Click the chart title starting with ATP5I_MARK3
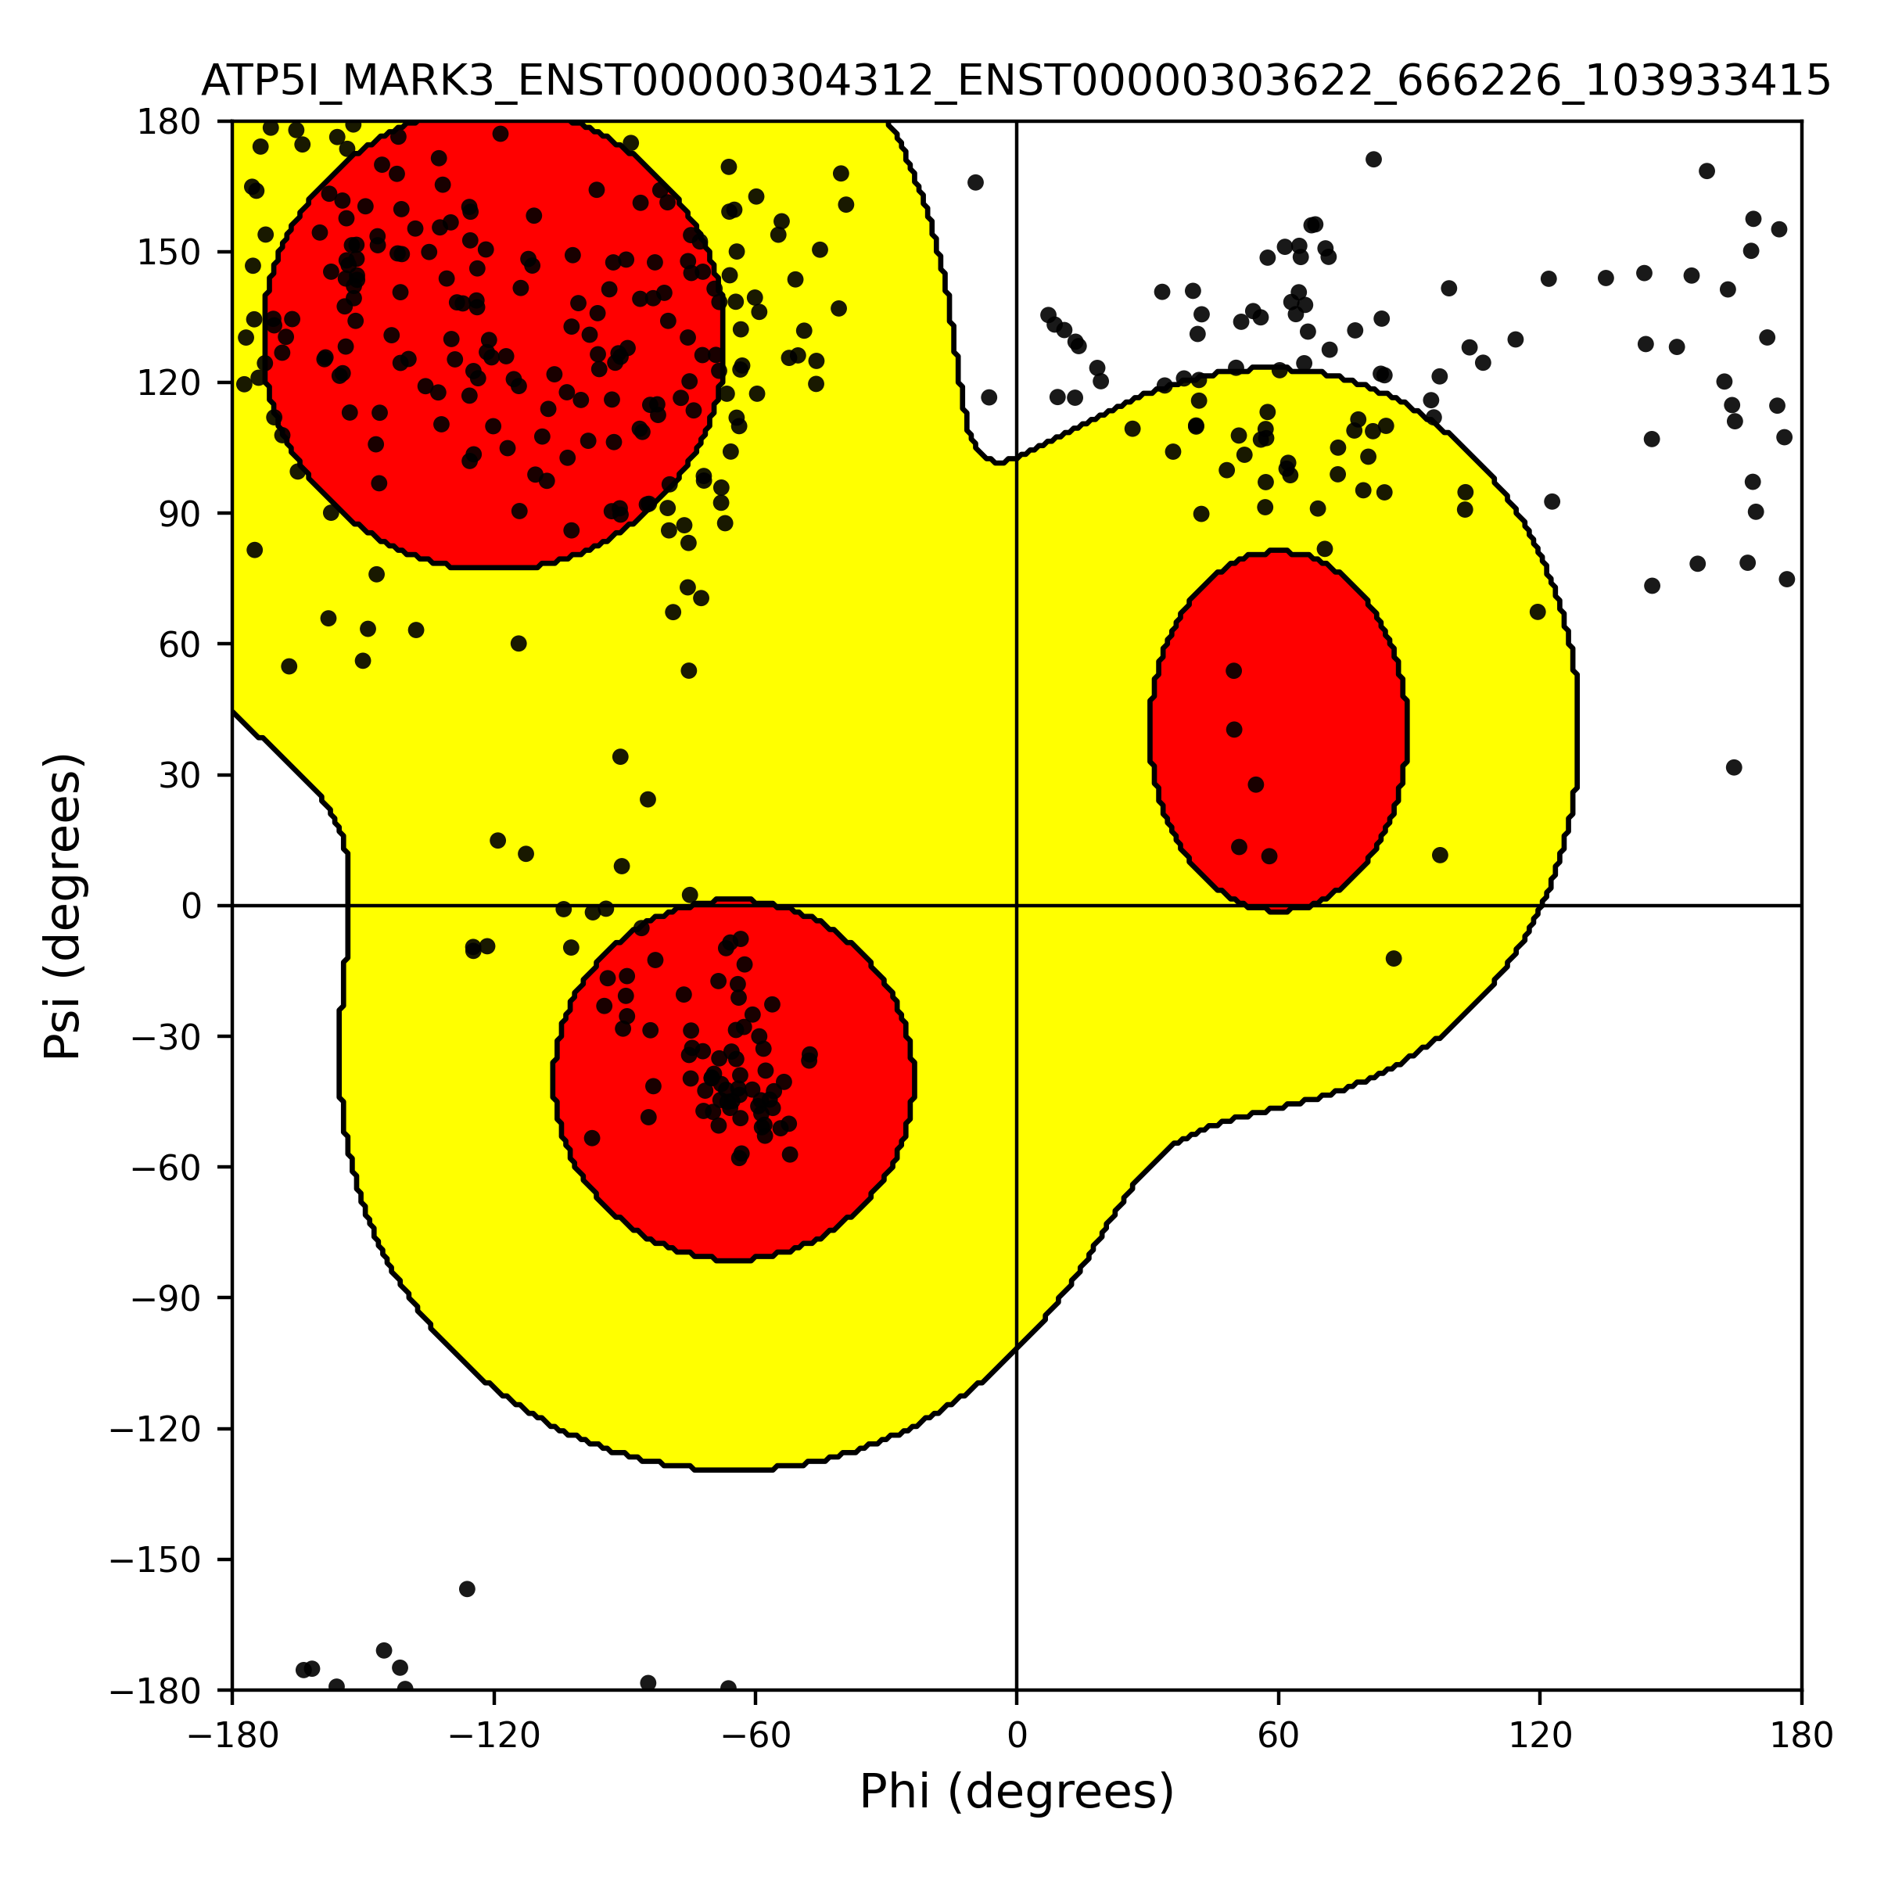(x=1015, y=81)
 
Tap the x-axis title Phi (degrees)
(x=1016, y=1792)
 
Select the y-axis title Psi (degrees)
(x=63, y=906)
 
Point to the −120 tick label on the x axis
(x=493, y=1735)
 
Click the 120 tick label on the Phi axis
(x=1540, y=1735)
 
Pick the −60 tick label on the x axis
(x=755, y=1735)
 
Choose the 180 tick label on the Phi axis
(x=1801, y=1735)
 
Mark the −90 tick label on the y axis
(x=166, y=1299)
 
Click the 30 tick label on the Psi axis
(x=180, y=775)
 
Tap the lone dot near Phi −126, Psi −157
(x=468, y=1589)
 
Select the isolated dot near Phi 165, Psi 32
(x=1734, y=767)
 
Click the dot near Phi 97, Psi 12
(x=1440, y=855)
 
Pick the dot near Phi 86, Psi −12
(x=1393, y=959)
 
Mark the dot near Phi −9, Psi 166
(x=975, y=183)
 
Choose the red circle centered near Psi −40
(x=734, y=1080)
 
